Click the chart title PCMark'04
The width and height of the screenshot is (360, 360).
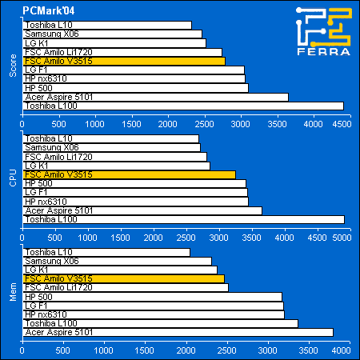pyautogui.click(x=48, y=10)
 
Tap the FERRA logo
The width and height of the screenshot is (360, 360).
pyautogui.click(x=324, y=31)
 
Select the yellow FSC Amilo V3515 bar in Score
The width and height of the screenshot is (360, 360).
pyautogui.click(x=124, y=61)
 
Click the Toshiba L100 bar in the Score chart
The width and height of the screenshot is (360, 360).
pyautogui.click(x=183, y=106)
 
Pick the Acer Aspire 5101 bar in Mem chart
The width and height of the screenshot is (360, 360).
pyautogui.click(x=178, y=332)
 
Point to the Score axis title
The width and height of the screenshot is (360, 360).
pyautogui.click(x=13, y=66)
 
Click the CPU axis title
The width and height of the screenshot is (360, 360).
pyautogui.click(x=13, y=178)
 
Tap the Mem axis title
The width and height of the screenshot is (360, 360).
pyautogui.click(x=13, y=292)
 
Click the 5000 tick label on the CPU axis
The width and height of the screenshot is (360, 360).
pyautogui.click(x=342, y=238)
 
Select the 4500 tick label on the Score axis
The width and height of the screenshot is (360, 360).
pyautogui.click(x=342, y=124)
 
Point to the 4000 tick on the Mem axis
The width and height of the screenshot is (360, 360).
pyautogui.click(x=342, y=350)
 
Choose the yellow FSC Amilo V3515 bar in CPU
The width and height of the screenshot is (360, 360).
pyautogui.click(x=130, y=174)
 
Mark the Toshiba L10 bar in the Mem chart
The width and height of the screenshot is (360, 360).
pyautogui.click(x=106, y=252)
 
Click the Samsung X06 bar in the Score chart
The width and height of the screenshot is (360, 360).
pyautogui.click(x=113, y=34)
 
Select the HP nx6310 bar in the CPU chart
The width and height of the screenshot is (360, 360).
pyautogui.click(x=136, y=202)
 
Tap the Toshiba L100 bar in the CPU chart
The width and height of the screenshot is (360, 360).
pyautogui.click(x=184, y=219)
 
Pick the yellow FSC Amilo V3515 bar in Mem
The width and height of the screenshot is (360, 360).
pyautogui.click(x=124, y=278)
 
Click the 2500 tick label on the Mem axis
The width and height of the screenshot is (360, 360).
pyautogui.click(x=226, y=350)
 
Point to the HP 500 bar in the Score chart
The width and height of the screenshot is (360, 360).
pyautogui.click(x=136, y=88)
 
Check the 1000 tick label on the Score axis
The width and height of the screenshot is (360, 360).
pyautogui.click(x=95, y=124)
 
